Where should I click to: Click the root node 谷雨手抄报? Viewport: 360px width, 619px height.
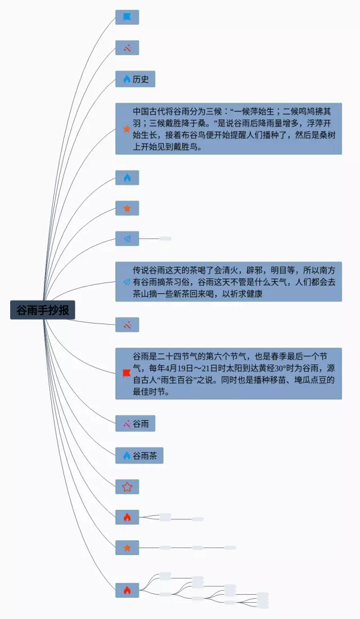coord(43,310)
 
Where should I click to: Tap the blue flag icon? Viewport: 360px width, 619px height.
coord(127,17)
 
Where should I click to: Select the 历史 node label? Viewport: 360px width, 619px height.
coord(141,79)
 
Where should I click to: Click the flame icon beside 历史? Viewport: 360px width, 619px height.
coord(127,79)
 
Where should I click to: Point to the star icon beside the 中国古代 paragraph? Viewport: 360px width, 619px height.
coord(127,129)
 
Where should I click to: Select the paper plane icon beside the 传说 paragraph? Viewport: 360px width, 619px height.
coord(127,282)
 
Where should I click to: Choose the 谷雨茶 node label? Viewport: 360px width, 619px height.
coord(145,456)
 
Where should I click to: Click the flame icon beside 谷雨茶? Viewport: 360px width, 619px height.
coord(127,456)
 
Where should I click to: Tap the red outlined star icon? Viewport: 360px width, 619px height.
coord(127,487)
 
